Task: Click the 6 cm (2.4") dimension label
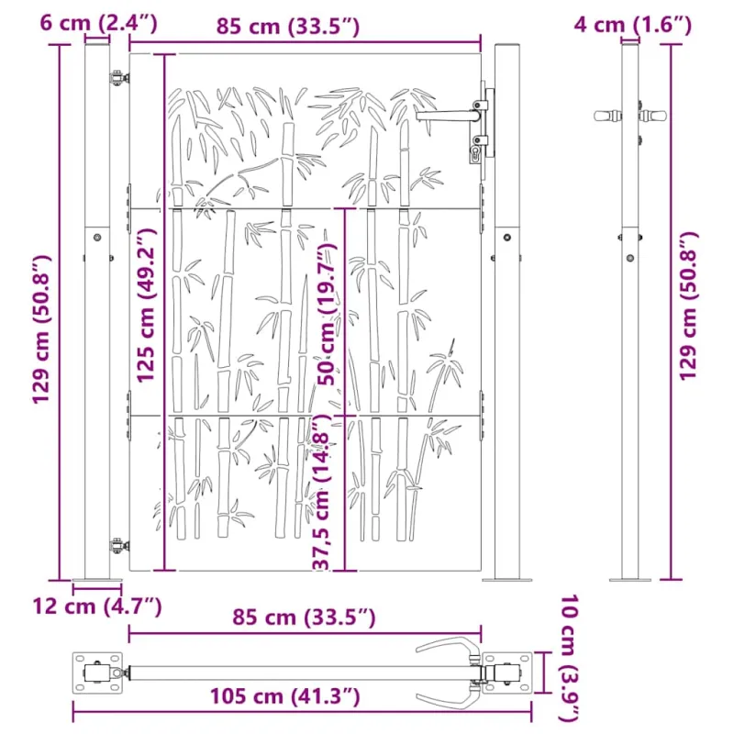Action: (98, 22)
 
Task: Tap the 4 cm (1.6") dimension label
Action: (632, 25)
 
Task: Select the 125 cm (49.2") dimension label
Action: (146, 306)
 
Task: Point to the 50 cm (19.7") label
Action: (328, 314)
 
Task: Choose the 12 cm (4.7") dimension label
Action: (97, 606)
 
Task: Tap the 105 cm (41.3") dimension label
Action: (284, 696)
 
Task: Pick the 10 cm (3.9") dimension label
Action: (570, 659)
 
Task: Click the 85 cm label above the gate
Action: (288, 27)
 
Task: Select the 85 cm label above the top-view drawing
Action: (304, 617)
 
